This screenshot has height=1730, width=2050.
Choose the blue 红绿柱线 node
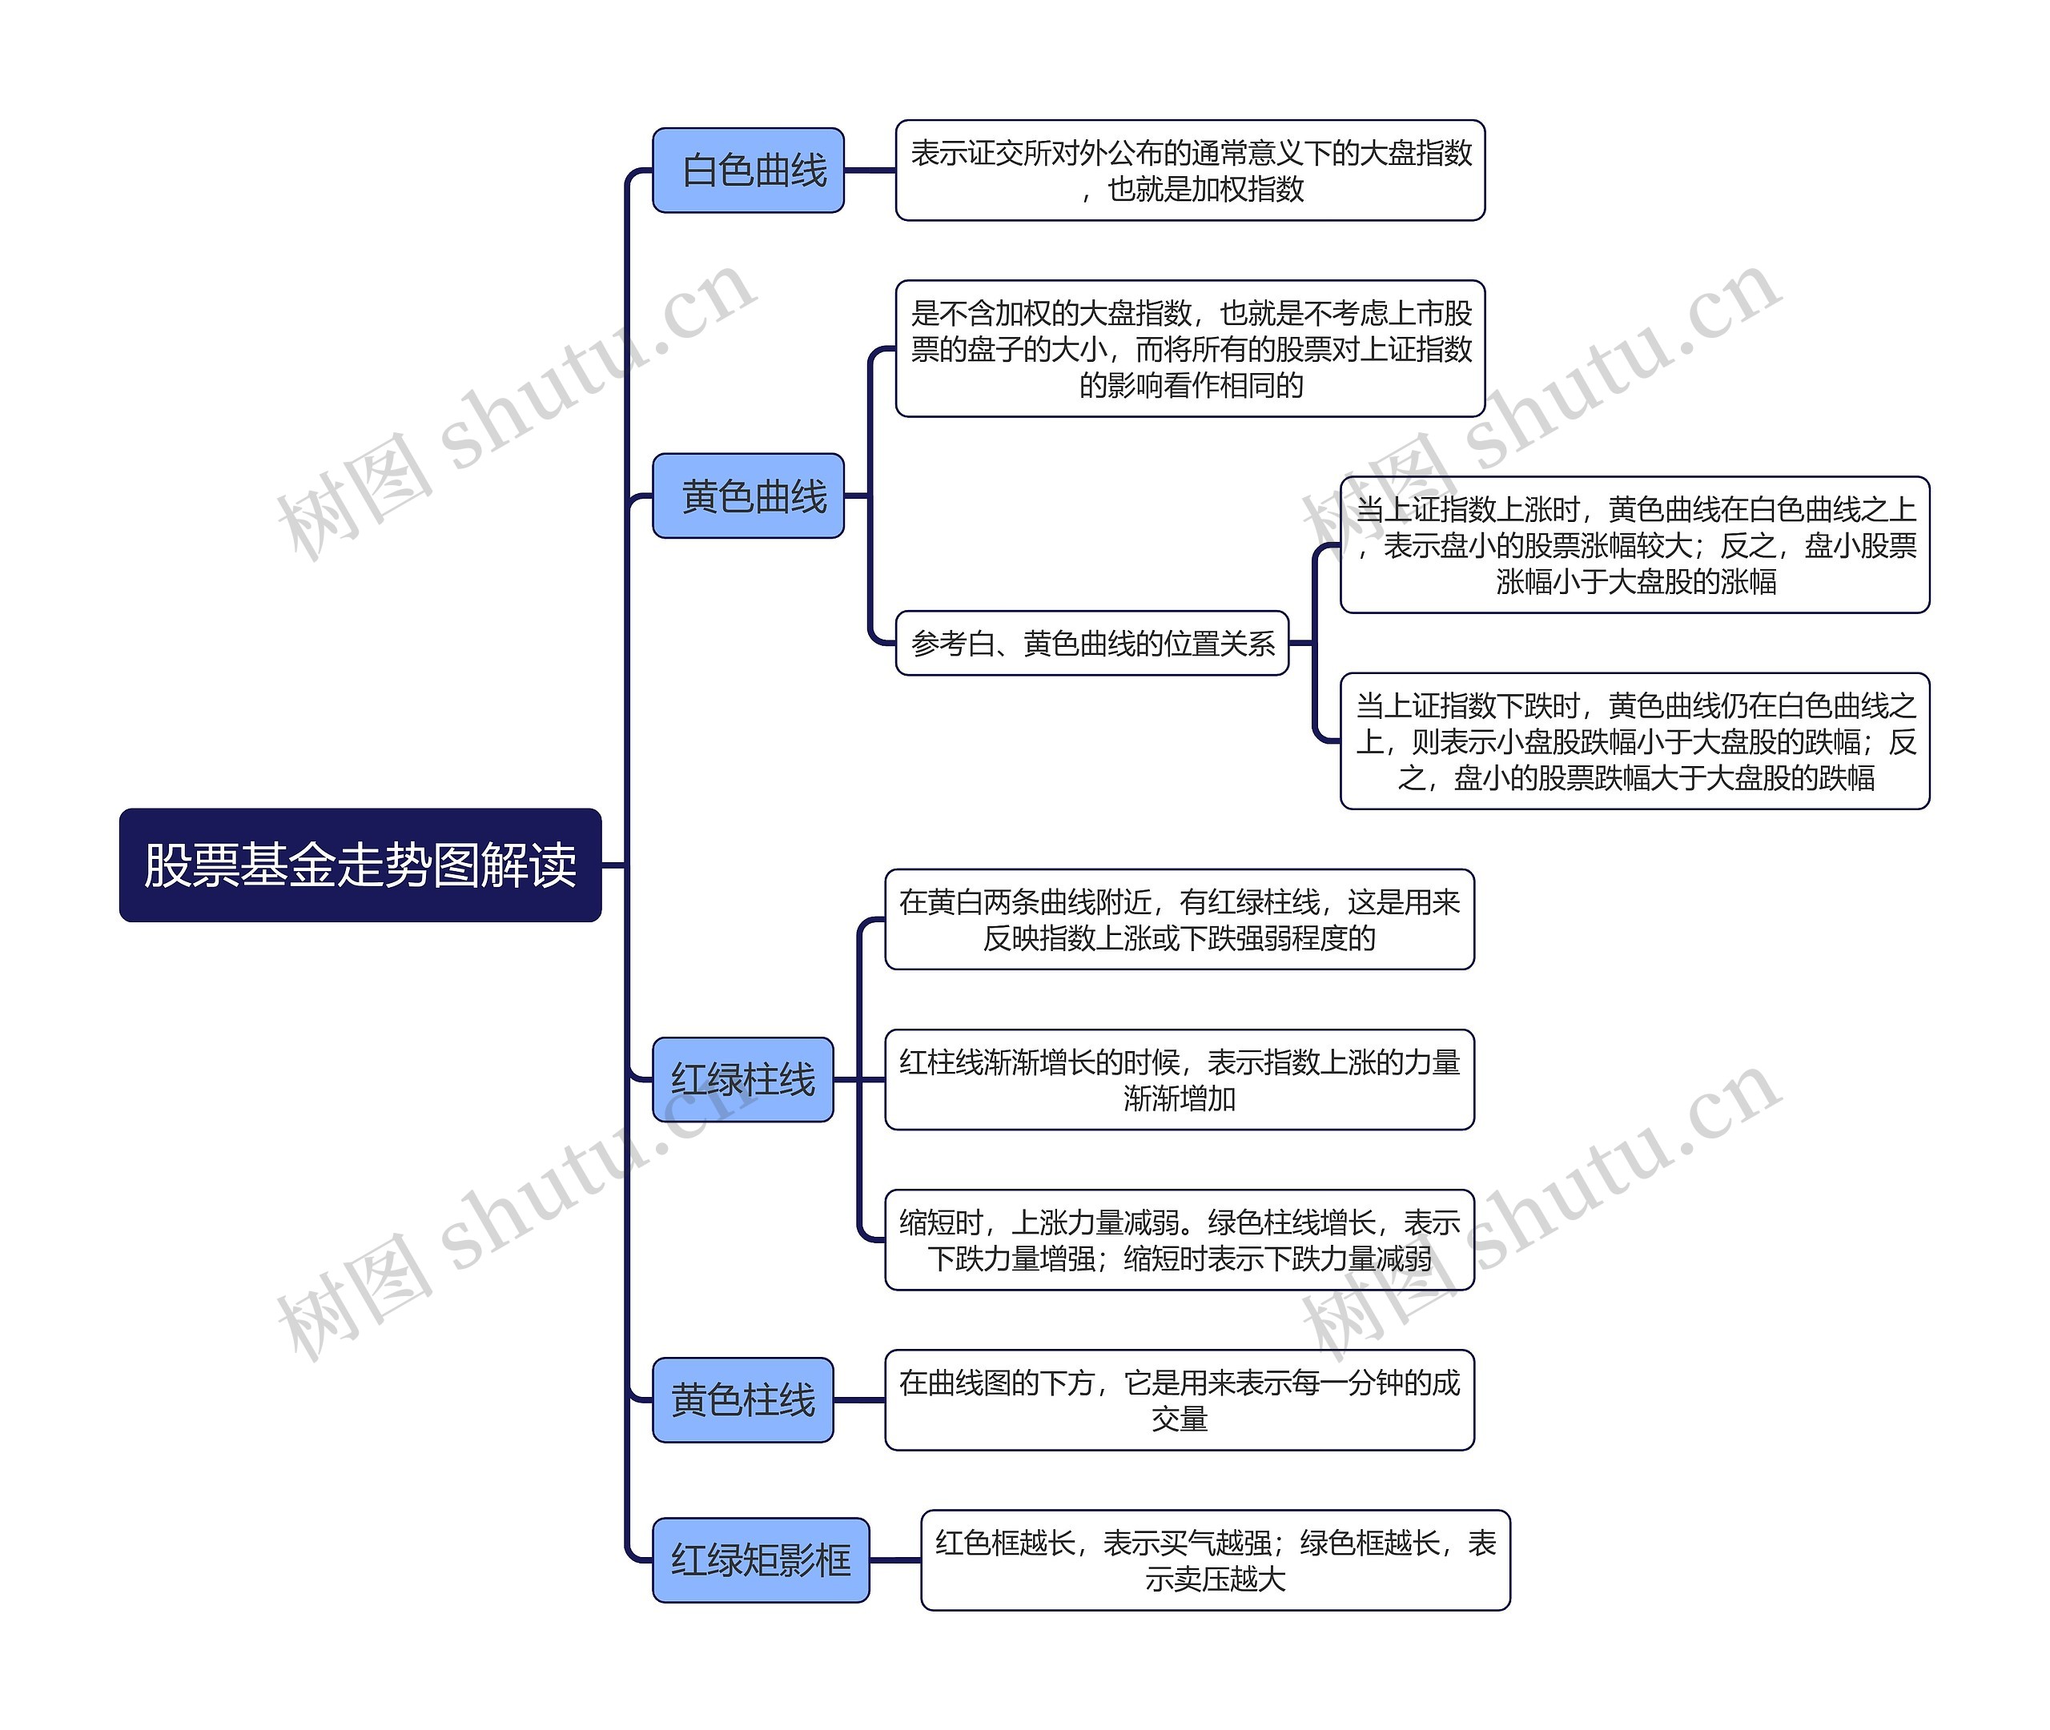coord(742,1079)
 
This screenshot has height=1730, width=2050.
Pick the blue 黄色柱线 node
coord(742,1399)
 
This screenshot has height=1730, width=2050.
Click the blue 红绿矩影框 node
coord(760,1559)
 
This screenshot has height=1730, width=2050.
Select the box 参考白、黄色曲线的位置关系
coord(1091,642)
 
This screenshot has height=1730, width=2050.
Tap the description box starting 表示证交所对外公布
coord(1190,170)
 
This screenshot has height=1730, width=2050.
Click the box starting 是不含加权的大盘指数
coord(1190,348)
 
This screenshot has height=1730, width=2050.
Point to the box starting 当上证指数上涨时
coord(1634,544)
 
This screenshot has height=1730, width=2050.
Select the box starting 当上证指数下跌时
coord(1634,741)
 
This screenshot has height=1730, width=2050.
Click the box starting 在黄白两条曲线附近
coord(1179,919)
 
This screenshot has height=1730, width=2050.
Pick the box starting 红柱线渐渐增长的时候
coord(1179,1079)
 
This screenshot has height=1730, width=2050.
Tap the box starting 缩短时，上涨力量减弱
coord(1179,1239)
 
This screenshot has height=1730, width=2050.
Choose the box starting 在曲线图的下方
coord(1179,1399)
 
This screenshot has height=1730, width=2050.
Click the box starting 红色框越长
coord(1216,1559)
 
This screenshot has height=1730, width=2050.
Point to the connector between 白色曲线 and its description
coord(870,170)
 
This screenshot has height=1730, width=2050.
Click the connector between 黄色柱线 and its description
coord(859,1399)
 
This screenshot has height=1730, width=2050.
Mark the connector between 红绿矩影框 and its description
coord(894,1559)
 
